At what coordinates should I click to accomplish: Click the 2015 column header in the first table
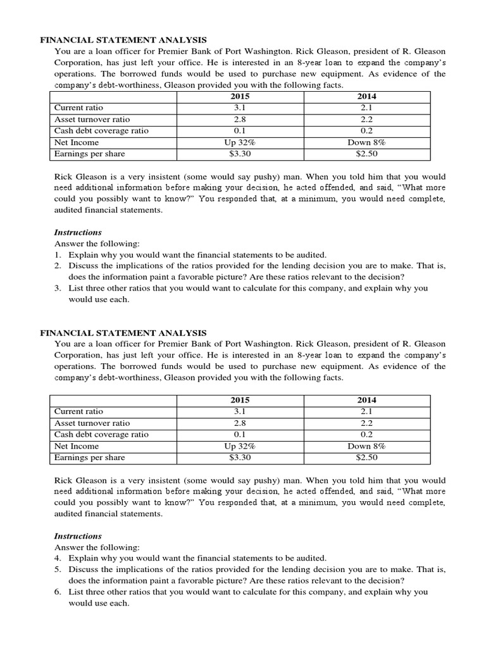(240, 97)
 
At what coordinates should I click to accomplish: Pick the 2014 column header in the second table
(366, 400)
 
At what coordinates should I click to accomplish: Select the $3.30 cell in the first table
(240, 154)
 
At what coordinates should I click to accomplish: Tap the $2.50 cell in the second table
(366, 458)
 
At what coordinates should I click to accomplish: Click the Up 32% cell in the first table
(240, 142)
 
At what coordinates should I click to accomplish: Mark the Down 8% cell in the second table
(366, 446)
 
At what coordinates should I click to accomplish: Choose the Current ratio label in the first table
(78, 108)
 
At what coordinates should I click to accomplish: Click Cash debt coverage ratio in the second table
(101, 435)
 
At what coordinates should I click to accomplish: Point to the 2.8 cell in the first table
(240, 120)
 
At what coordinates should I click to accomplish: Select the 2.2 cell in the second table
(366, 423)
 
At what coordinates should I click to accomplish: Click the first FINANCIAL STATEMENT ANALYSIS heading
(123, 39)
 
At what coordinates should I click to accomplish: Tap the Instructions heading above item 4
(78, 536)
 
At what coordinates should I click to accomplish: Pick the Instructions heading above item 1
(78, 232)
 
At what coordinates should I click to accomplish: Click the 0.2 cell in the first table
(366, 131)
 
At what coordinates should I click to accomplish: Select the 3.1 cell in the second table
(240, 412)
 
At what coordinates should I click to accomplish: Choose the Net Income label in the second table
(75, 446)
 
